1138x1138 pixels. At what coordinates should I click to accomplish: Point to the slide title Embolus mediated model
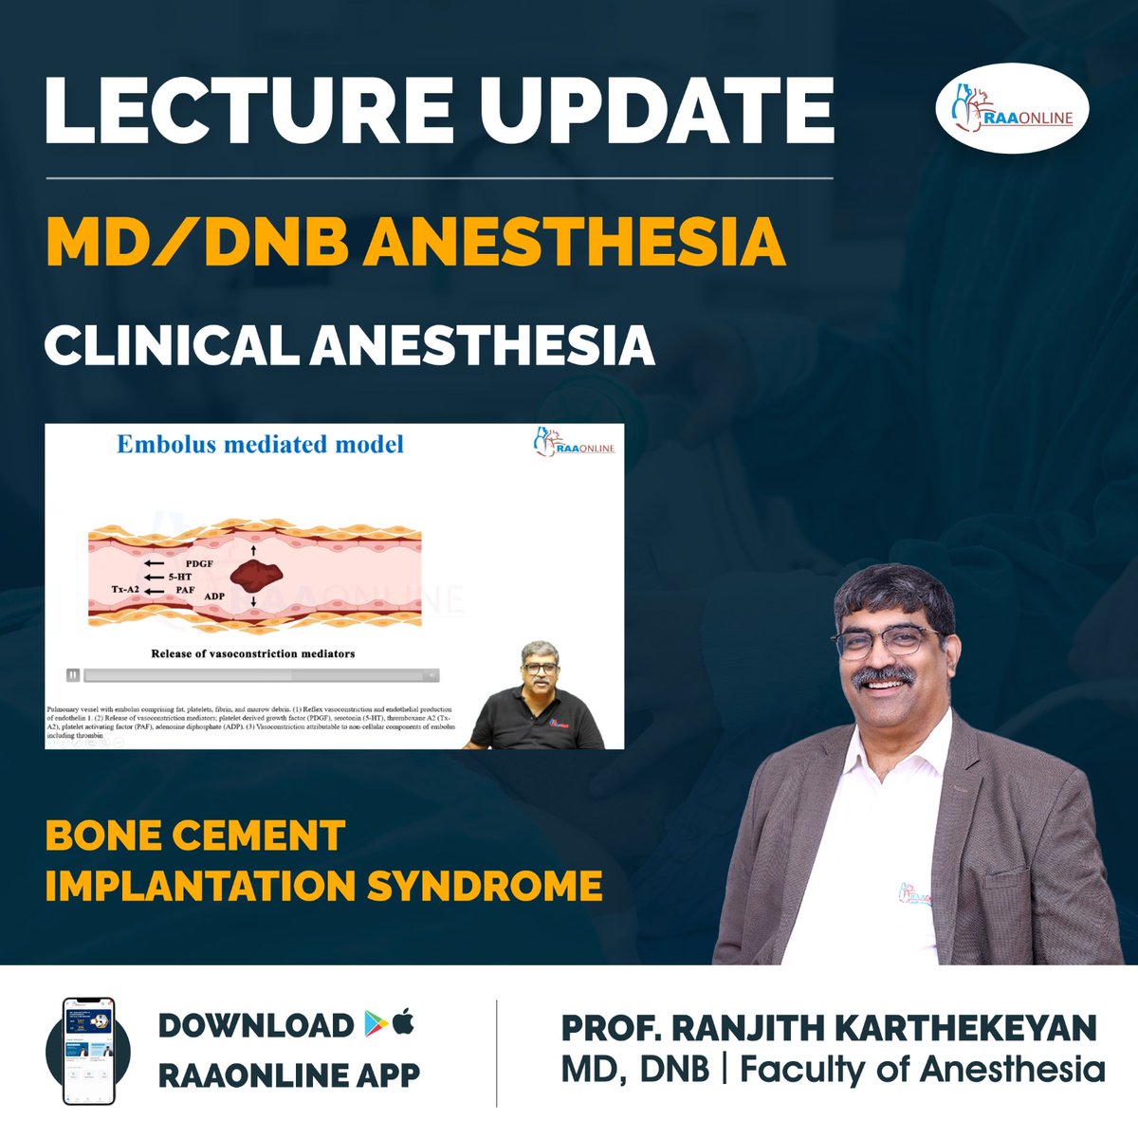point(260,444)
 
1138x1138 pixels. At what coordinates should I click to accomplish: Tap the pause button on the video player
point(73,675)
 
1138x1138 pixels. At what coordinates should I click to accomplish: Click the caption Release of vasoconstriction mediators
point(253,653)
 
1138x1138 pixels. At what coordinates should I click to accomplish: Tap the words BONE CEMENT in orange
point(194,836)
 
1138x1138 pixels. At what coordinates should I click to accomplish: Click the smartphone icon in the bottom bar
point(87,1050)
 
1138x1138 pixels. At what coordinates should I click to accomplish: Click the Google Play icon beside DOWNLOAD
point(373,1023)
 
